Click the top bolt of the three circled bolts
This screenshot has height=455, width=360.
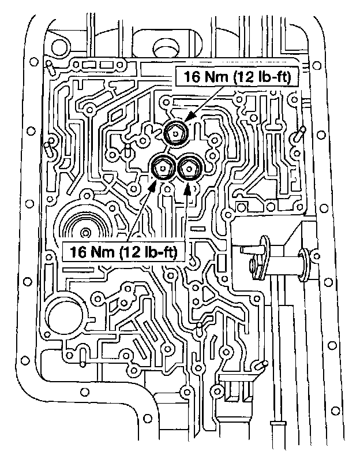(x=174, y=134)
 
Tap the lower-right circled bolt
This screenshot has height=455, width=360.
(x=189, y=168)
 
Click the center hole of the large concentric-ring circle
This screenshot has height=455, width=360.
(x=86, y=233)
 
